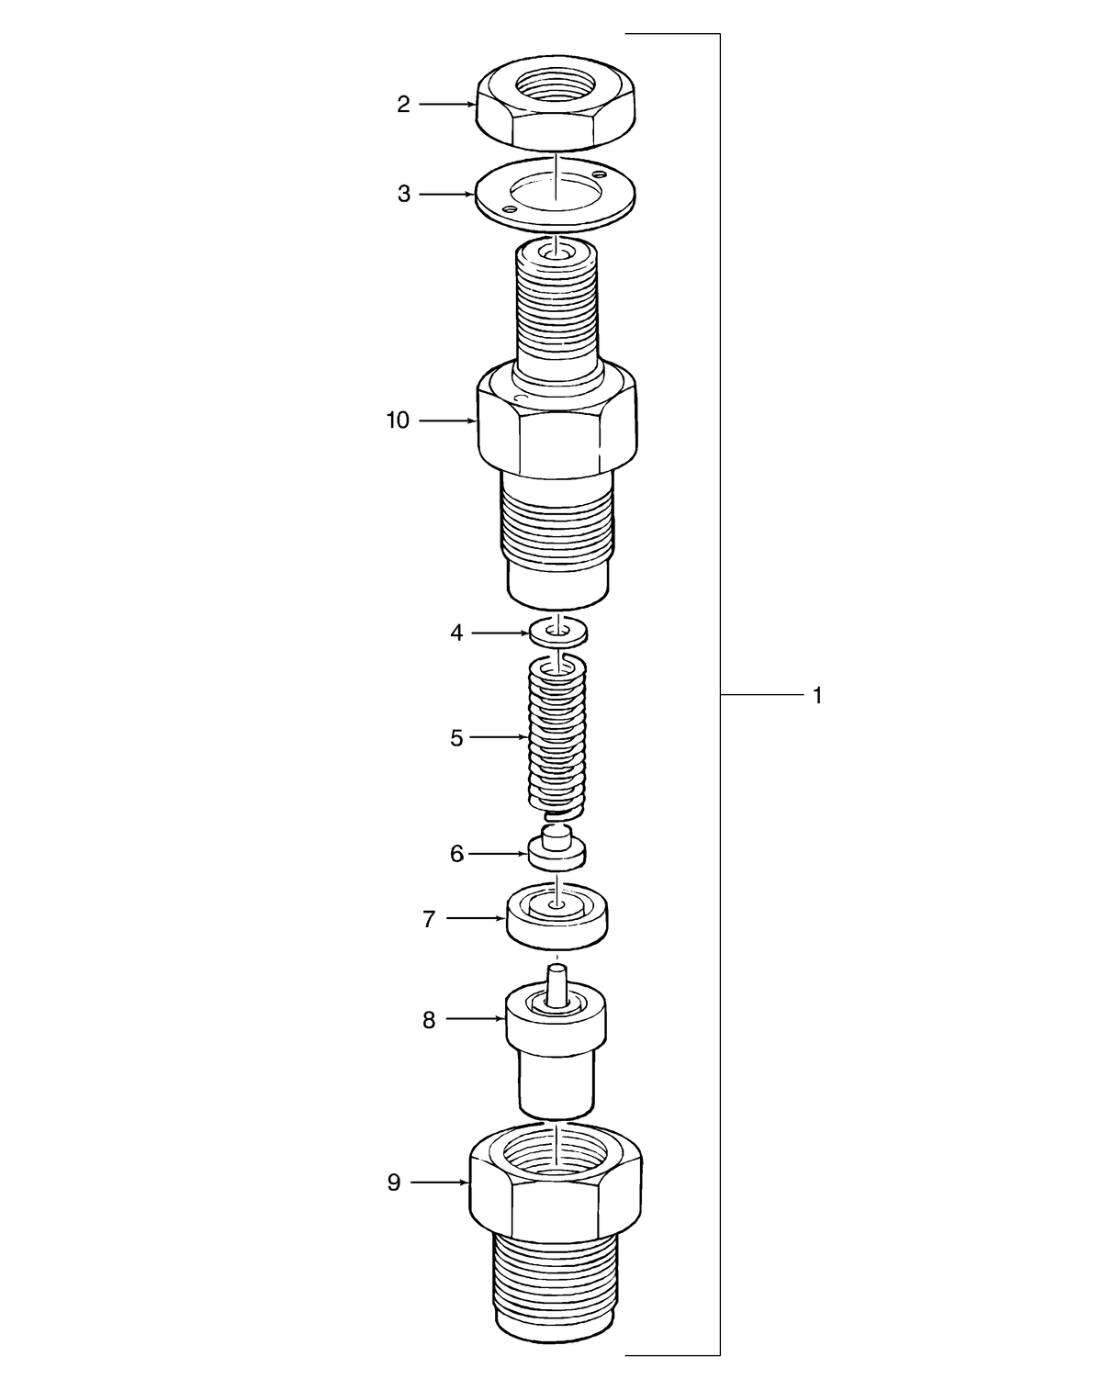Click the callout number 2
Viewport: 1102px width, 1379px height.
coord(403,105)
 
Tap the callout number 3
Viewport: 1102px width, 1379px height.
coord(403,195)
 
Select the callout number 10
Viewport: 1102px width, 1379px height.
coord(397,421)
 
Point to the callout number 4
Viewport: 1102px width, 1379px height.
coord(456,633)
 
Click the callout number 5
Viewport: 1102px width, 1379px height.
coord(456,738)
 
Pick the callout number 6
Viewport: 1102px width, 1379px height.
coord(456,854)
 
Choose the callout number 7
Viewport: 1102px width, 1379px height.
coord(429,919)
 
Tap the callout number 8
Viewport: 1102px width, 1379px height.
coord(429,1020)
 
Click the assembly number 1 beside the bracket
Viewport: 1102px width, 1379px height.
coord(817,696)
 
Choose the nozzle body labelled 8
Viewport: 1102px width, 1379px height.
coord(557,1056)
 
